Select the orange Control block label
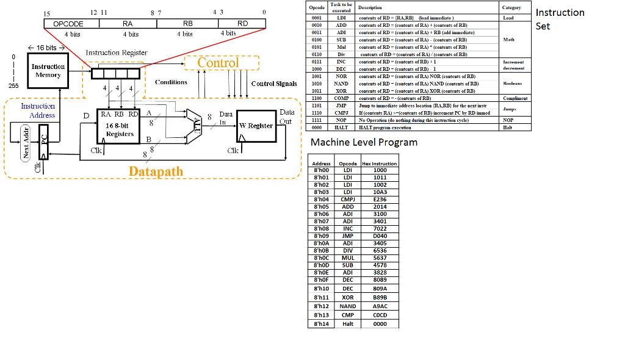[218, 63]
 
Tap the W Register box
[256, 126]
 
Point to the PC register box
[43, 140]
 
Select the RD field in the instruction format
[242, 23]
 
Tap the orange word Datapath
[156, 171]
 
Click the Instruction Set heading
[560, 19]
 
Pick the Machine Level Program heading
[364, 142]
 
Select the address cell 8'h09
[321, 236]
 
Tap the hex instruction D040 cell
[380, 236]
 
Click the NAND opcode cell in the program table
[347, 306]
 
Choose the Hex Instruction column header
[379, 164]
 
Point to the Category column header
[511, 8]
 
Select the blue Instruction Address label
[38, 110]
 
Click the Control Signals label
[274, 84]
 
